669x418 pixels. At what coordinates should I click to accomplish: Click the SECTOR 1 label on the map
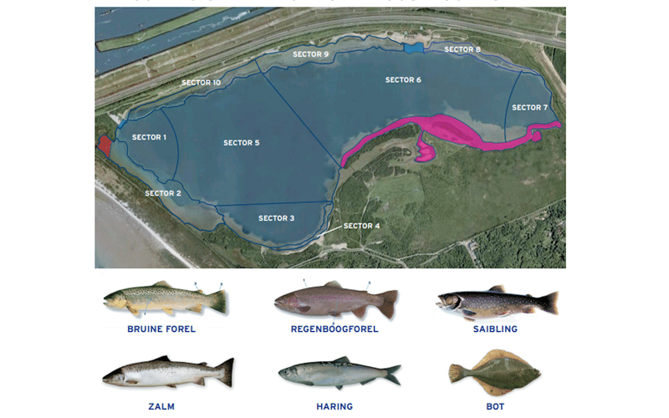tap(150, 137)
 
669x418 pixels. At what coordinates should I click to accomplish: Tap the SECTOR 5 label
tap(242, 143)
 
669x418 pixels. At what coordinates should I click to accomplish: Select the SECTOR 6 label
tap(403, 80)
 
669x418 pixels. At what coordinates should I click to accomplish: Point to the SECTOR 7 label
tap(530, 108)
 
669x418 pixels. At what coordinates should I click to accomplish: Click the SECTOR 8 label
tap(462, 50)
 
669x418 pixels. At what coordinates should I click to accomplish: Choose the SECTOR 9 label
tap(310, 54)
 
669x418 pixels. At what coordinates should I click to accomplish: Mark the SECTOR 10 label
tap(202, 83)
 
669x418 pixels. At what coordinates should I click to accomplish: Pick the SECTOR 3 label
tap(277, 218)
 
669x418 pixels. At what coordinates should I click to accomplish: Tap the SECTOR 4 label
tap(362, 226)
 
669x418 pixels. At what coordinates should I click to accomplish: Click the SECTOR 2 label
tap(163, 193)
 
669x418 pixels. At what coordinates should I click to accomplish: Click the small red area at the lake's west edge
tap(105, 145)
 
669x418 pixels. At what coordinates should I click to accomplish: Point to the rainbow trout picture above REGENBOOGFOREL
tap(335, 300)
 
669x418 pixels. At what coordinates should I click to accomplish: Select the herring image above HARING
tap(339, 374)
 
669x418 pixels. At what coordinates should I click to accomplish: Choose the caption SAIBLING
tap(496, 329)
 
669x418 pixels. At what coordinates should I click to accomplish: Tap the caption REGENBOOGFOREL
tap(334, 329)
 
